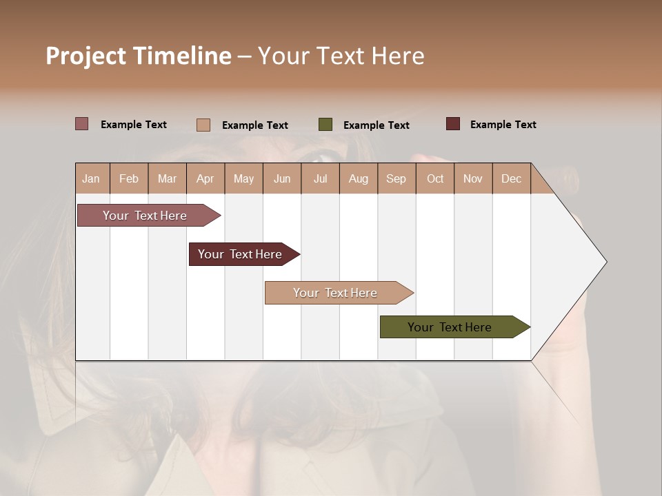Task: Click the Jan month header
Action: click(92, 178)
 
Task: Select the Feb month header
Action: click(129, 178)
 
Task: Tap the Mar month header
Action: click(167, 178)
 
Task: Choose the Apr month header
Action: click(205, 178)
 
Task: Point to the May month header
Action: click(243, 178)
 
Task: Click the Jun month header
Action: click(282, 178)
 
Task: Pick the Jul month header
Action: click(320, 178)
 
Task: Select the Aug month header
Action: click(359, 178)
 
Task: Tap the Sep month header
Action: click(397, 178)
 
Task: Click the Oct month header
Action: click(435, 178)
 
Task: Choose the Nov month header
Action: click(473, 178)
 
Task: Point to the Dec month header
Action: click(512, 178)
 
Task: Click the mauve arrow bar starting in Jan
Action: click(146, 216)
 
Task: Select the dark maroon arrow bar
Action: click(241, 254)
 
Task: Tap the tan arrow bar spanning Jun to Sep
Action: click(336, 293)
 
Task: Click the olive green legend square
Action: click(325, 125)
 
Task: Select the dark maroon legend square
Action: click(453, 124)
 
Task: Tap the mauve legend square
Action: click(82, 124)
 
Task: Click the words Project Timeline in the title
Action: click(139, 56)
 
